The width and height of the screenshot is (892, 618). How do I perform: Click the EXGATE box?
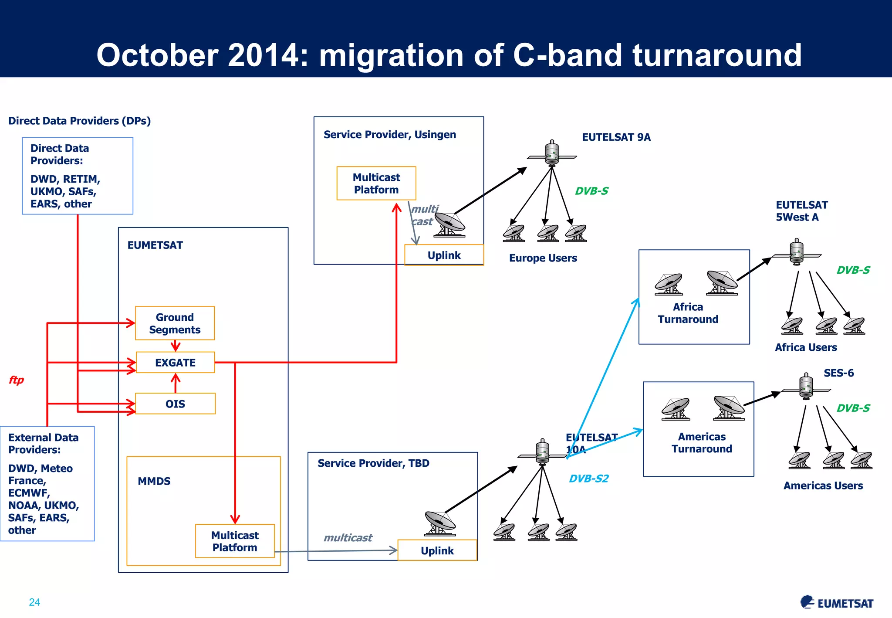tap(175, 363)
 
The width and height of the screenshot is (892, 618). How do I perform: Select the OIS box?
tap(175, 404)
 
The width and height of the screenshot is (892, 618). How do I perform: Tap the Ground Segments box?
tap(175, 323)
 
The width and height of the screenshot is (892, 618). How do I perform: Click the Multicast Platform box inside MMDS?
tap(235, 541)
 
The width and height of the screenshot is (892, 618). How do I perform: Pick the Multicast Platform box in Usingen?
tap(376, 183)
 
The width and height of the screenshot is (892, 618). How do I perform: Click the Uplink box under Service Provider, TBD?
tap(437, 550)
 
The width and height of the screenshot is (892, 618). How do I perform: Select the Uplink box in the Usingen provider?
tap(444, 255)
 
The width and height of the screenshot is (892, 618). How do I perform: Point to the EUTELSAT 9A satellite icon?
tap(552, 153)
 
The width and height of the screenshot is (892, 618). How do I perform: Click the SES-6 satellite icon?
tap(806, 387)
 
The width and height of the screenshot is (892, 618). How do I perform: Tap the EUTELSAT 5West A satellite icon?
tap(797, 252)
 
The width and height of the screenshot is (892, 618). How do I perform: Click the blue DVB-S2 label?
tap(588, 479)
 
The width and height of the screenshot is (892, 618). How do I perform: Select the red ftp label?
tap(16, 380)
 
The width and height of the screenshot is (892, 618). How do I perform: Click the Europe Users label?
tap(543, 258)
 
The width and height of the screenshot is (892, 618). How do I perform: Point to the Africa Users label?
tap(806, 347)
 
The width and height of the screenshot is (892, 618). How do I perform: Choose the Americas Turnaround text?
tap(702, 443)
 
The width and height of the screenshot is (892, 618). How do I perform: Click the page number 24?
tap(34, 602)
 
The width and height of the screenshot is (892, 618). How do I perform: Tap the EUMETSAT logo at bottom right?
tap(837, 602)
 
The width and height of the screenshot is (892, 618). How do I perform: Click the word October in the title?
tap(157, 55)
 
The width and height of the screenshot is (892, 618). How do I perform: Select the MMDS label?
tap(154, 481)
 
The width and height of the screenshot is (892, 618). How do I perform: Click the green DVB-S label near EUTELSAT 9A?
tap(591, 191)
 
